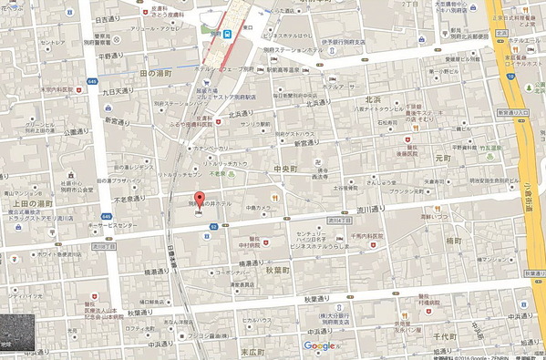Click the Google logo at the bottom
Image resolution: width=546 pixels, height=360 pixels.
320,345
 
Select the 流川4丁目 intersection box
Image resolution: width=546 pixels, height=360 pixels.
338,220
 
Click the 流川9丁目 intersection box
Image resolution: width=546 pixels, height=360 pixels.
102,247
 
